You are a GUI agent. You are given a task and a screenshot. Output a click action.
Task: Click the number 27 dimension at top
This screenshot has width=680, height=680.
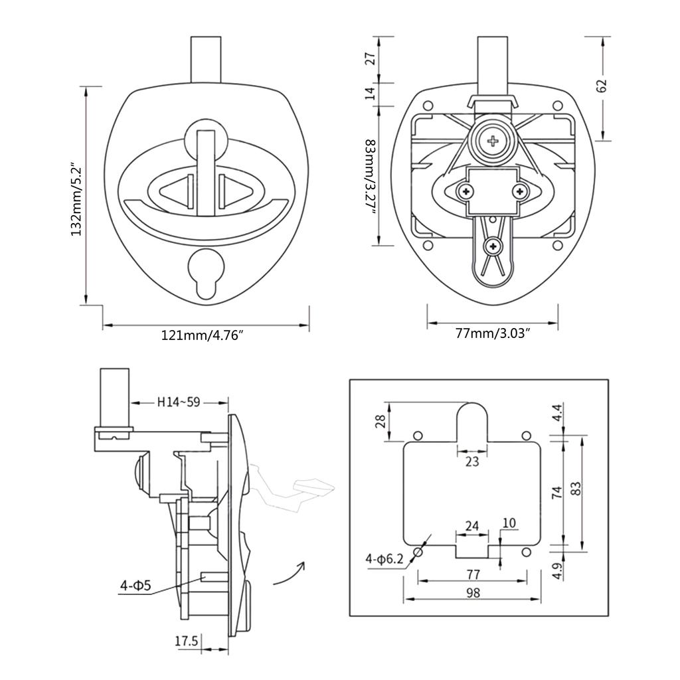coord(371,58)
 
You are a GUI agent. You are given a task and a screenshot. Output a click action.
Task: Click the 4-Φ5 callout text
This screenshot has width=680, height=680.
coord(135,586)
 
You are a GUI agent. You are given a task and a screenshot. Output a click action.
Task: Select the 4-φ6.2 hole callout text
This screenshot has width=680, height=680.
coord(383,559)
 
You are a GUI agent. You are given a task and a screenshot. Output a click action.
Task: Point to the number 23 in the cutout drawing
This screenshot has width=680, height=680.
coord(471,462)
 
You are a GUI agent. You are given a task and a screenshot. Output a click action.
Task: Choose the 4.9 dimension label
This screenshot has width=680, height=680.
coord(557,570)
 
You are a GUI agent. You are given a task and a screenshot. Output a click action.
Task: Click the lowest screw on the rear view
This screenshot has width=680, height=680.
coord(493,246)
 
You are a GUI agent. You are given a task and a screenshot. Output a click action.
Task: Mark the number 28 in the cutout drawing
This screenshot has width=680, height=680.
coord(379,422)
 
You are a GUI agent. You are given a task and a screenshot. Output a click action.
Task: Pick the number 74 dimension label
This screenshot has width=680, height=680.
coord(557,492)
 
